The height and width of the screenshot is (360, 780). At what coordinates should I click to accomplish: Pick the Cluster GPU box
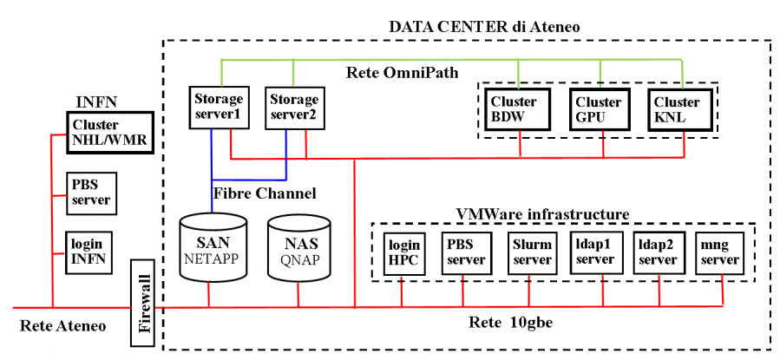(x=598, y=109)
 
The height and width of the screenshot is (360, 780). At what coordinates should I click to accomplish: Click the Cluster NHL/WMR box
(x=109, y=132)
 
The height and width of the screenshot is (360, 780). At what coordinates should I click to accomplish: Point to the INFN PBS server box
(x=91, y=192)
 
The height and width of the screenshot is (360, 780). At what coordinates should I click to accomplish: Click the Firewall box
(x=146, y=301)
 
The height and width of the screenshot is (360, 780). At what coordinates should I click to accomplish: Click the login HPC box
(x=403, y=252)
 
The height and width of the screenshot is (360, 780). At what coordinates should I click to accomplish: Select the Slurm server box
(x=532, y=252)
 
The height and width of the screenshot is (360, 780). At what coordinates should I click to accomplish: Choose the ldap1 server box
(x=595, y=252)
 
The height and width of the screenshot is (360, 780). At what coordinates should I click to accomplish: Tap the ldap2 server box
(x=657, y=252)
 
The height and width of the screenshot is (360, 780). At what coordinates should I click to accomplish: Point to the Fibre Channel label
(x=265, y=192)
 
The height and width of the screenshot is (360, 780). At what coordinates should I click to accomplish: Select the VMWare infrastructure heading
(x=542, y=213)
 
